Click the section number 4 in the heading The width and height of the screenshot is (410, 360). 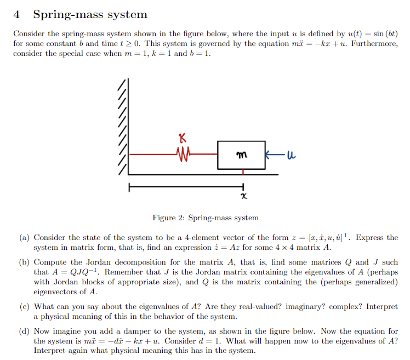point(18,15)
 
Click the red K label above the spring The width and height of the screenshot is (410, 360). point(182,138)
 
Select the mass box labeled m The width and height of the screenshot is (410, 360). point(241,156)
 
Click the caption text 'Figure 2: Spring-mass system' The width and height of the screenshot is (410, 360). point(205,218)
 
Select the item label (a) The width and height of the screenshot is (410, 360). point(24,238)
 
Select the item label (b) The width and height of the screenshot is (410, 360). point(24,262)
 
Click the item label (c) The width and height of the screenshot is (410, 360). point(24,307)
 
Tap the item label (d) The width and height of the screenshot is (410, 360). point(24,332)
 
